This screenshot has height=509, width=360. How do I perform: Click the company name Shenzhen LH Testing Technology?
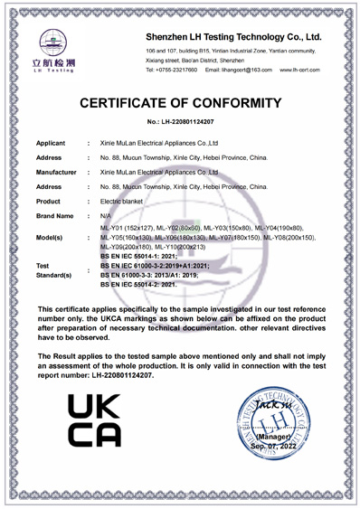pyautogui.click(x=233, y=37)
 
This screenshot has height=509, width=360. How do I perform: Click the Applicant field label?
pyautogui.click(x=53, y=144)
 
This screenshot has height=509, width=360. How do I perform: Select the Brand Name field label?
pyautogui.click(x=55, y=216)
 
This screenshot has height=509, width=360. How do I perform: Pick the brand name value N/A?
pyautogui.click(x=106, y=216)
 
